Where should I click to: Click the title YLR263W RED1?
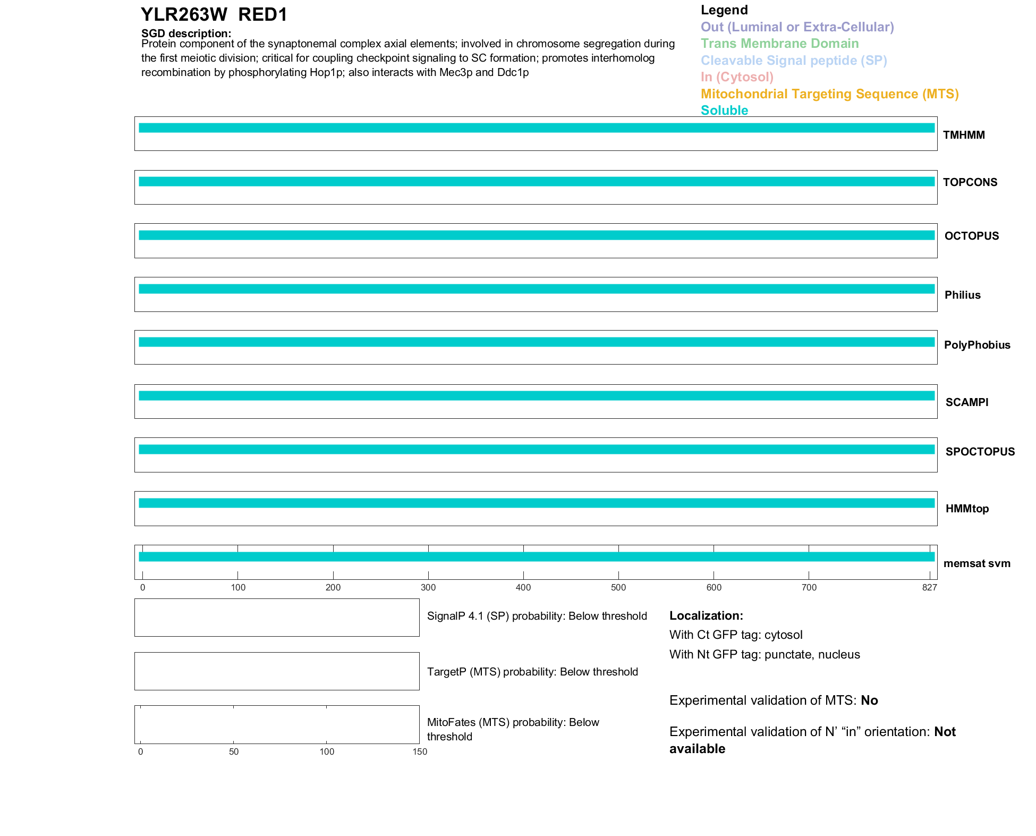tap(214, 15)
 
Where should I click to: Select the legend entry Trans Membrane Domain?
tap(779, 44)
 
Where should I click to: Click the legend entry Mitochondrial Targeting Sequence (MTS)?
tap(829, 94)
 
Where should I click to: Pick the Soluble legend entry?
tap(724, 111)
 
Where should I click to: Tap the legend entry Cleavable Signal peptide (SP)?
tap(794, 61)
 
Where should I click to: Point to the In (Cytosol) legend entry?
tap(737, 77)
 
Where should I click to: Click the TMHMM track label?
tap(964, 135)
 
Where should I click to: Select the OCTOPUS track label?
tap(971, 236)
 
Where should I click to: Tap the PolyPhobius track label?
tap(976, 345)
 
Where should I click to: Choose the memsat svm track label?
tap(976, 563)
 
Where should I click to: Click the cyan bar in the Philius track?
tap(537, 289)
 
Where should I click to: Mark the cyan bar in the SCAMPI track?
tap(537, 396)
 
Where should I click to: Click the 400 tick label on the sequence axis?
tap(523, 587)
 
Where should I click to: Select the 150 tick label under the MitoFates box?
tap(420, 751)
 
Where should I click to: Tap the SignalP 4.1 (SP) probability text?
tap(537, 616)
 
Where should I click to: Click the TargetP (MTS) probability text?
tap(532, 672)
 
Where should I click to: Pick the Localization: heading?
tap(706, 616)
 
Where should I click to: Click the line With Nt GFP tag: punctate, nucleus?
tap(765, 654)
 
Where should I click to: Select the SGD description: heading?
tap(186, 33)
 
